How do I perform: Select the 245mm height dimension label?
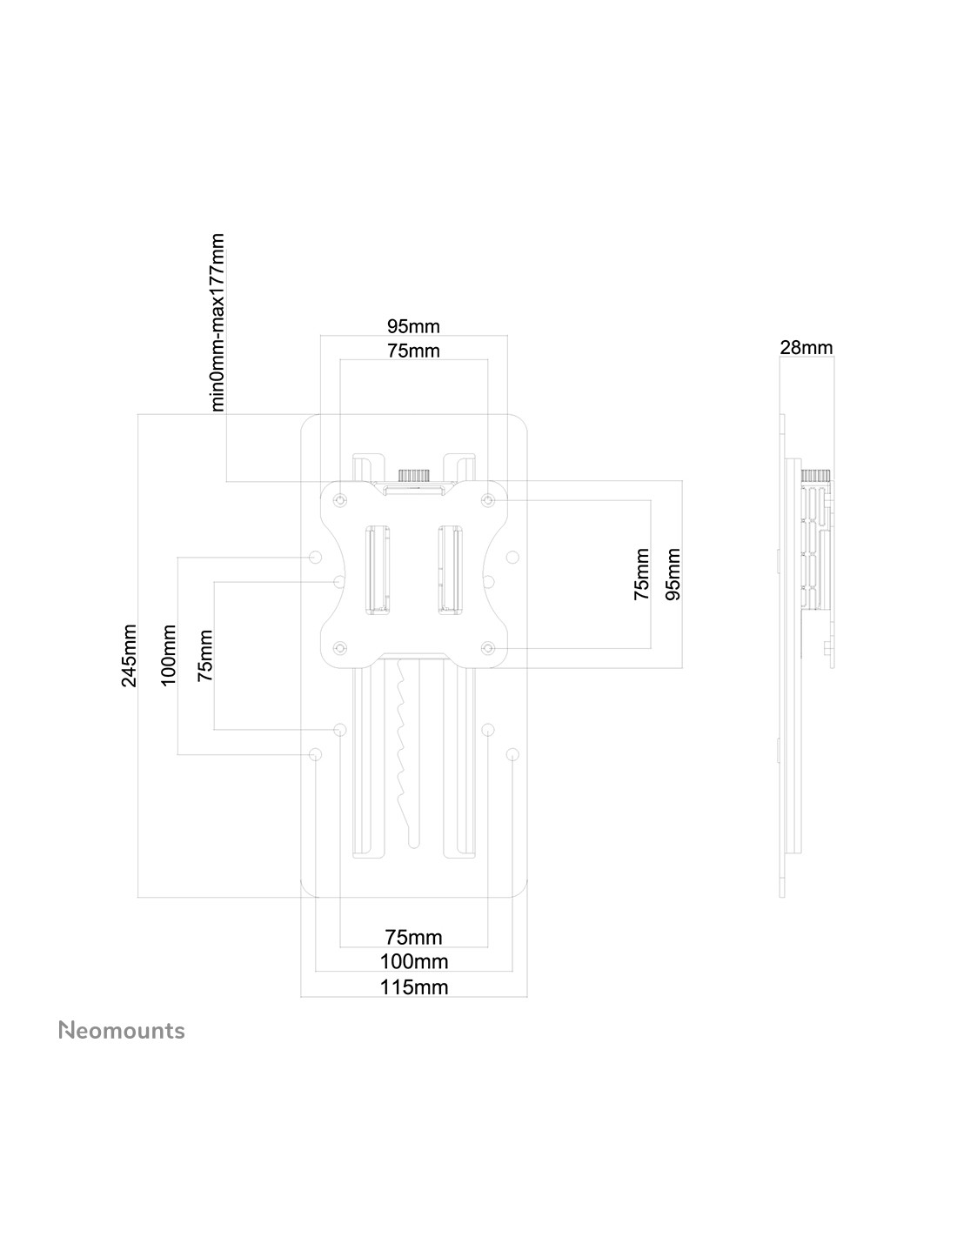coord(130,655)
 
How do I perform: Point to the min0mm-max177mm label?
coord(218,322)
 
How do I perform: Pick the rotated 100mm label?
coord(169,655)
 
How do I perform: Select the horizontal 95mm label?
coord(413,326)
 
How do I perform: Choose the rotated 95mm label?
coord(673,574)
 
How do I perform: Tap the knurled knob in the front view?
coord(414,475)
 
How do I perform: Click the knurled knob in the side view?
coord(816,476)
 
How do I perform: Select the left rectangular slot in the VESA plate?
coord(377,569)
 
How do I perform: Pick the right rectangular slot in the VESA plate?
coord(451,569)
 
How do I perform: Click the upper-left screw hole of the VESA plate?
coord(340,500)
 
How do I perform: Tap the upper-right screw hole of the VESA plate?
coord(488,500)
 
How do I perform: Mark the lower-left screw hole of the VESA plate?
coord(340,648)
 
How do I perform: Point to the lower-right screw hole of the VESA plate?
coord(488,648)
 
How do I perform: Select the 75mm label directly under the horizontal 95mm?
coord(413,351)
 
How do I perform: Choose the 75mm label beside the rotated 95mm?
coord(641,574)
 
